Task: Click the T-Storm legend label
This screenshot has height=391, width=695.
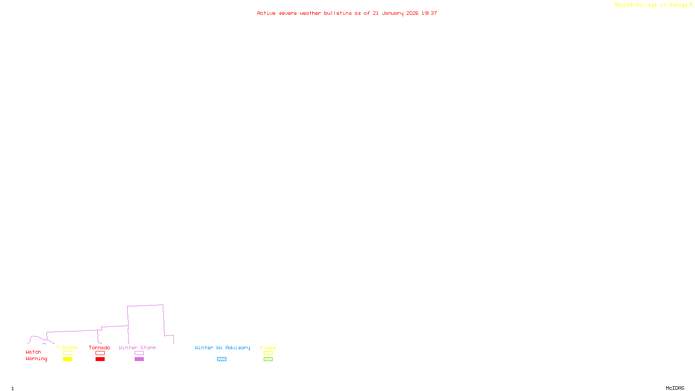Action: [x=67, y=348]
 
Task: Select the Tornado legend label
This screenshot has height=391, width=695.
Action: [x=99, y=348]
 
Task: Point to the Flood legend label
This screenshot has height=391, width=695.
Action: [x=268, y=348]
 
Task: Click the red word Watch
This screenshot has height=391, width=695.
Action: [x=33, y=352]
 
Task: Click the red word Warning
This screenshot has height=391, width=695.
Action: [x=36, y=359]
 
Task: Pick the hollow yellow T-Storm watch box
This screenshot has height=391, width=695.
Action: [x=67, y=353]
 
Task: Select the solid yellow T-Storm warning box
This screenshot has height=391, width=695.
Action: [x=67, y=359]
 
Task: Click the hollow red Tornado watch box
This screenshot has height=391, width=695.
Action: [x=100, y=353]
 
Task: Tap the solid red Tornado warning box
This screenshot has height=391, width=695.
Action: [x=100, y=359]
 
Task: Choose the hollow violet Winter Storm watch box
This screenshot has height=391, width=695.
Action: [x=139, y=353]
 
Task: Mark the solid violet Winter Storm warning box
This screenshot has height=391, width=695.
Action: [x=139, y=359]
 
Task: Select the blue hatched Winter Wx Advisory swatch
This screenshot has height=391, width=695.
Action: [x=222, y=359]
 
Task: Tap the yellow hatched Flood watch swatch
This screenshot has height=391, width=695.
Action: [x=268, y=353]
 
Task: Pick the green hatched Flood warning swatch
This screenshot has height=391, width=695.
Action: [x=268, y=359]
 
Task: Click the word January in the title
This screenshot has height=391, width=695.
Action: [x=393, y=13]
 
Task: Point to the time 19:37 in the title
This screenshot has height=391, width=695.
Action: [x=429, y=13]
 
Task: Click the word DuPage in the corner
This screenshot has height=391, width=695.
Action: [x=678, y=5]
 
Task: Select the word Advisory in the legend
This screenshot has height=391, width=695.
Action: [x=238, y=348]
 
